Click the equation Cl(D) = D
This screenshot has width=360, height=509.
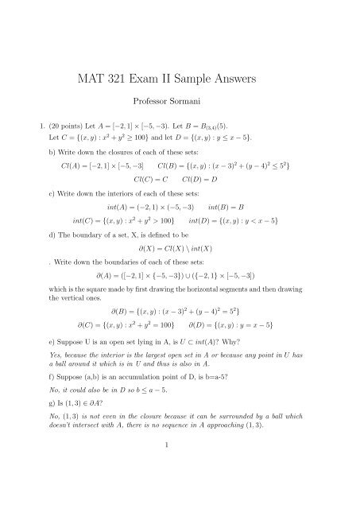[x=210, y=184]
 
